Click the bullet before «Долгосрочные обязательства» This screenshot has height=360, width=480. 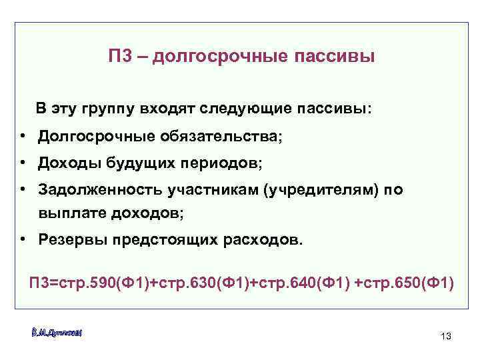click(23, 136)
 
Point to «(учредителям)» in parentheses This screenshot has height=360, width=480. click(322, 190)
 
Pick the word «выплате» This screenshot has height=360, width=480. click(71, 213)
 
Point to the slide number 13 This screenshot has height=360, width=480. click(446, 336)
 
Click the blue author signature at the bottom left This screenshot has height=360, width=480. click(56, 331)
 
